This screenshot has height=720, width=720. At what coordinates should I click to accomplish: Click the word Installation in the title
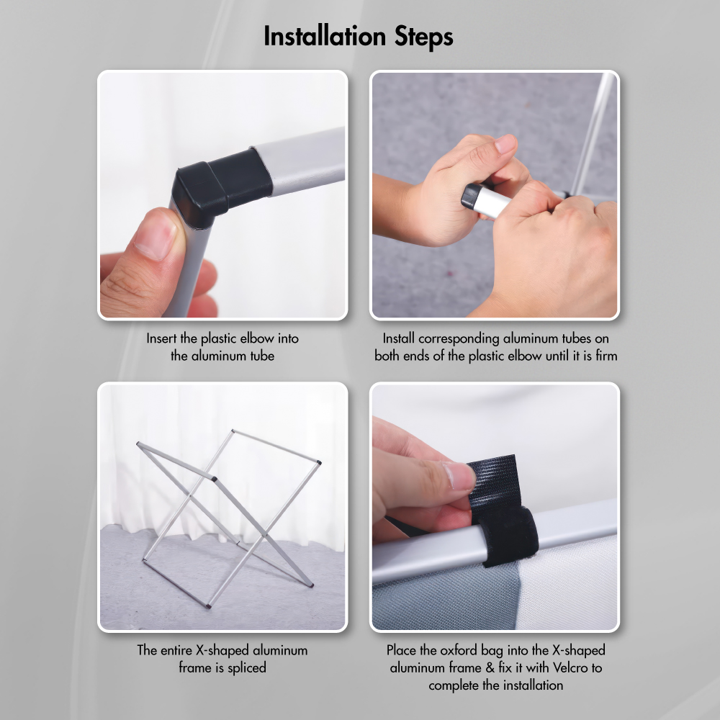(x=325, y=36)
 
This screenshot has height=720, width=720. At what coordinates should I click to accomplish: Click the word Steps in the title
(x=424, y=37)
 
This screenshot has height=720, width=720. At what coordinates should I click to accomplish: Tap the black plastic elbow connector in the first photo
(x=221, y=186)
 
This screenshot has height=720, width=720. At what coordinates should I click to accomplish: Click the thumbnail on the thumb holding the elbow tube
(x=156, y=236)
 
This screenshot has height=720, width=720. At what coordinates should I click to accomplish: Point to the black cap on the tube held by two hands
(x=470, y=197)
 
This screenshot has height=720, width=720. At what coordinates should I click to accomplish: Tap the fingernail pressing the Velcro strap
(x=459, y=476)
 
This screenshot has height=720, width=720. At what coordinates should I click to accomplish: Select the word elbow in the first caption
(x=258, y=338)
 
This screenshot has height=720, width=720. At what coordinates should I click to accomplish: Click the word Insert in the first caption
(x=161, y=338)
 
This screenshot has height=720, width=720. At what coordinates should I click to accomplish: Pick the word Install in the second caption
(x=399, y=338)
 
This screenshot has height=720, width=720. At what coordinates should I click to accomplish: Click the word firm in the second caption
(x=606, y=356)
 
